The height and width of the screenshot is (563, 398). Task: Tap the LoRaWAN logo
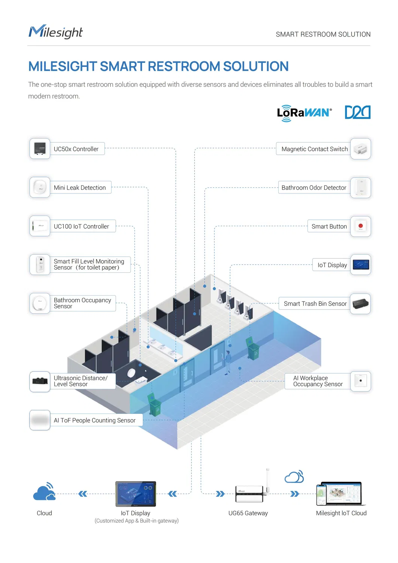(x=304, y=113)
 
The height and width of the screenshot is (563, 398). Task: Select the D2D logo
(x=357, y=112)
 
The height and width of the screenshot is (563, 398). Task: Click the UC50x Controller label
(x=76, y=149)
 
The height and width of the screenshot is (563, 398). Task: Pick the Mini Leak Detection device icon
(x=40, y=187)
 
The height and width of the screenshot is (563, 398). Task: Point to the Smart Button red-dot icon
(x=360, y=226)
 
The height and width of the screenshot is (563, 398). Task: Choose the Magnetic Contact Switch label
(x=314, y=149)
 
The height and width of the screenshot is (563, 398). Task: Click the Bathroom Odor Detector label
(x=314, y=187)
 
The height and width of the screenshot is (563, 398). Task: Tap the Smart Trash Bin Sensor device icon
(x=360, y=303)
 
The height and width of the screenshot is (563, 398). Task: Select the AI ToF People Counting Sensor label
(x=95, y=420)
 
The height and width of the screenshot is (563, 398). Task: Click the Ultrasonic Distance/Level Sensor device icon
(x=40, y=381)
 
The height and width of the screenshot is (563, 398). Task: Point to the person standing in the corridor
(x=228, y=363)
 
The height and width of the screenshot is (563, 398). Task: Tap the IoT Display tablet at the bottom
(x=136, y=494)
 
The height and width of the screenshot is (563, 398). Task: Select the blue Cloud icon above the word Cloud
(x=44, y=491)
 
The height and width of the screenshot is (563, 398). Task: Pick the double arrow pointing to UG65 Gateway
(x=220, y=494)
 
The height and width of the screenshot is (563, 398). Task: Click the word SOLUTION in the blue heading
(x=256, y=66)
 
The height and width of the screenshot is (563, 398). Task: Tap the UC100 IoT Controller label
(x=81, y=226)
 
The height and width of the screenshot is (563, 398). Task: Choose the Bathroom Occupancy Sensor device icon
(x=40, y=303)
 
